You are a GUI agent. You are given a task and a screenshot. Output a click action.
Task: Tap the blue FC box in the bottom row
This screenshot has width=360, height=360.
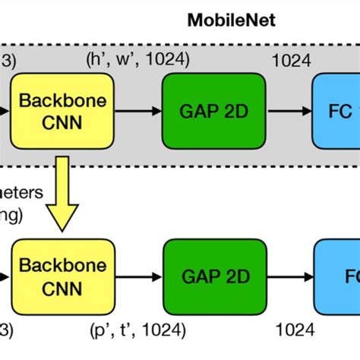[338, 274]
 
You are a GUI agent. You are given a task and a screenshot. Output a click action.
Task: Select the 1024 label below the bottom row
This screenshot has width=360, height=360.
[292, 330]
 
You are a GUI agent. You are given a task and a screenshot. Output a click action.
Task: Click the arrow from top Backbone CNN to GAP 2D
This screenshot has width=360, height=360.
[138, 111]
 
